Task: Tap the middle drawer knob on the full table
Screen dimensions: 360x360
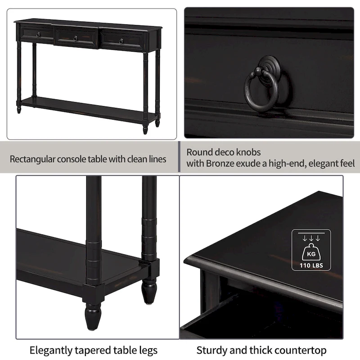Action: pyautogui.click(x=75, y=38)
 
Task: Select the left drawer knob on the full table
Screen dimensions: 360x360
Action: pyautogui.click(x=38, y=35)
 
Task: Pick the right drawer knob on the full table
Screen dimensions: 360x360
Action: pyautogui.click(x=121, y=41)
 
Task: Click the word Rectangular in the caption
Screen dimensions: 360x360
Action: pyautogui.click(x=31, y=159)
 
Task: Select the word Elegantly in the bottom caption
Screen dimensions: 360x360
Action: pyautogui.click(x=49, y=350)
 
